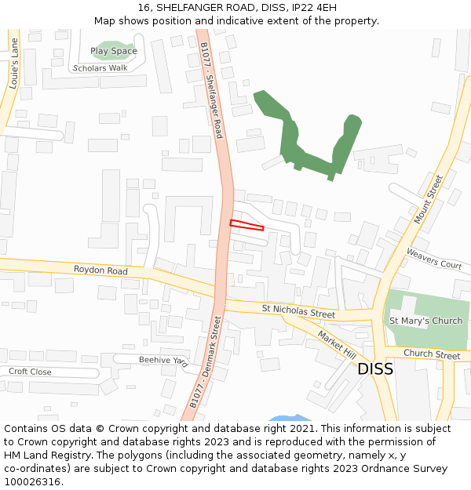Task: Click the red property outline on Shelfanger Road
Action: pyautogui.click(x=246, y=225)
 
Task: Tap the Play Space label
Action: pyautogui.click(x=113, y=51)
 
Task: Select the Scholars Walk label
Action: pyautogui.click(x=100, y=68)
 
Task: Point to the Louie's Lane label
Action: pyautogui.click(x=13, y=62)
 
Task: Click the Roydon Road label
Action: pyautogui.click(x=100, y=270)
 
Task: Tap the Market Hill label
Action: pyautogui.click(x=336, y=346)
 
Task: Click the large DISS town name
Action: pyautogui.click(x=375, y=369)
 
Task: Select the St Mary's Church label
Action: pyautogui.click(x=425, y=321)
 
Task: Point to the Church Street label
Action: pyautogui.click(x=431, y=355)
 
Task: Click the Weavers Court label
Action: pyautogui.click(x=433, y=259)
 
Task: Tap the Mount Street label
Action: pyautogui.click(x=429, y=199)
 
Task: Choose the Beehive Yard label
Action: pyautogui.click(x=163, y=361)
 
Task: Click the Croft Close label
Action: pyautogui.click(x=30, y=372)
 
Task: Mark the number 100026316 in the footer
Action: pyautogui.click(x=32, y=482)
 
